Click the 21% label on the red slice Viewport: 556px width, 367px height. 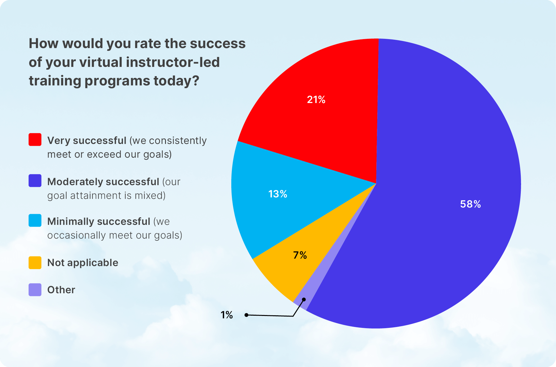(316, 99)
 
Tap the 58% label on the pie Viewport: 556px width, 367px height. (470, 204)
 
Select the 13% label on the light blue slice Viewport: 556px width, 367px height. (278, 194)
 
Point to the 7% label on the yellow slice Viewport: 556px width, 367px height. (300, 255)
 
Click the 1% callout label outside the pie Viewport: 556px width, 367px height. (227, 315)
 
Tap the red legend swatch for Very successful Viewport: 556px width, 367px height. (35, 139)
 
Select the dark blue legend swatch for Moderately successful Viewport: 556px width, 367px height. (35, 181)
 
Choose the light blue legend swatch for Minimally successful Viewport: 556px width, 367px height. (35, 220)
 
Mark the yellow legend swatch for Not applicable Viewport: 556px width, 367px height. (35, 262)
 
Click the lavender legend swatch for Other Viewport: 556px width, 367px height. (35, 290)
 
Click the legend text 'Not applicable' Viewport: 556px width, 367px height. (83, 263)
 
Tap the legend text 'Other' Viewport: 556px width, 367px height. (61, 290)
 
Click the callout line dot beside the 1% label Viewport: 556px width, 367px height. (247, 315)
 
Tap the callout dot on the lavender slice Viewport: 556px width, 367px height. (304, 299)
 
